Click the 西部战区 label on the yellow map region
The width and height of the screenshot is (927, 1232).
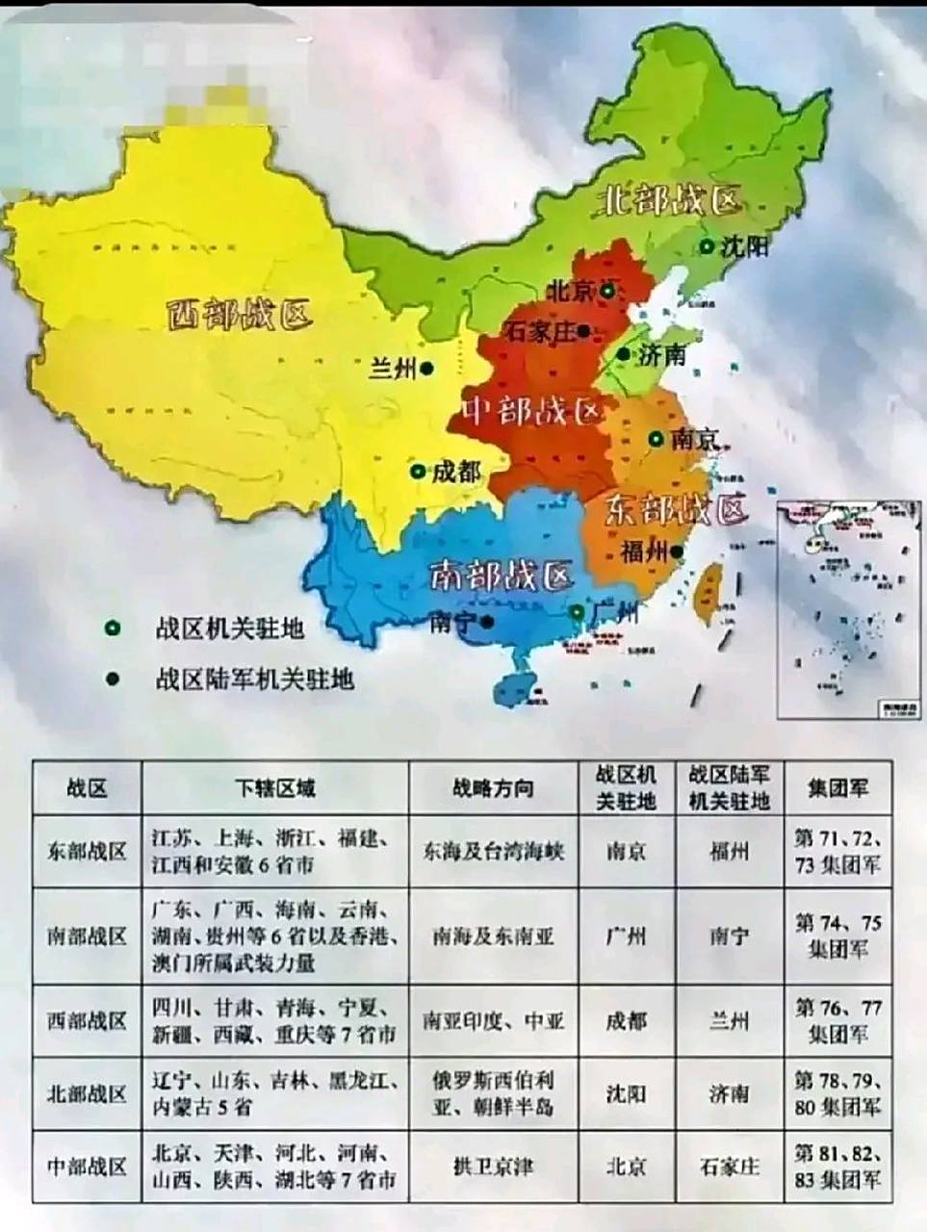[240, 314]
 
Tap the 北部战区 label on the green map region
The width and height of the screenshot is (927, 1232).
[671, 200]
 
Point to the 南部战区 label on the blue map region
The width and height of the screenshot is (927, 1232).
[500, 576]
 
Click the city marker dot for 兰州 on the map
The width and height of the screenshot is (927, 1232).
[425, 368]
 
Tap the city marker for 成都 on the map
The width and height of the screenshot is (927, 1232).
[418, 472]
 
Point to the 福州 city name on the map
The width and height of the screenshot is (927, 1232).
[644, 552]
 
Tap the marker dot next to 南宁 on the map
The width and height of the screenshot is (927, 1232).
[488, 621]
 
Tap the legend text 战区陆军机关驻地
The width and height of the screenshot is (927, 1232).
[254, 680]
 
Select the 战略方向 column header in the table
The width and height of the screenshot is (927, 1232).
[493, 788]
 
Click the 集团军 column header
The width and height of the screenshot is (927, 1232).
[837, 788]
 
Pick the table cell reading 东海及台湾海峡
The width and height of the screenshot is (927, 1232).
[493, 852]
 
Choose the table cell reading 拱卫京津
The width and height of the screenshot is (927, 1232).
[493, 1167]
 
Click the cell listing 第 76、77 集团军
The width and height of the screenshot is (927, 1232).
[837, 1021]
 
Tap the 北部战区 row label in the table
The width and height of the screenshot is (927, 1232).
[87, 1094]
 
